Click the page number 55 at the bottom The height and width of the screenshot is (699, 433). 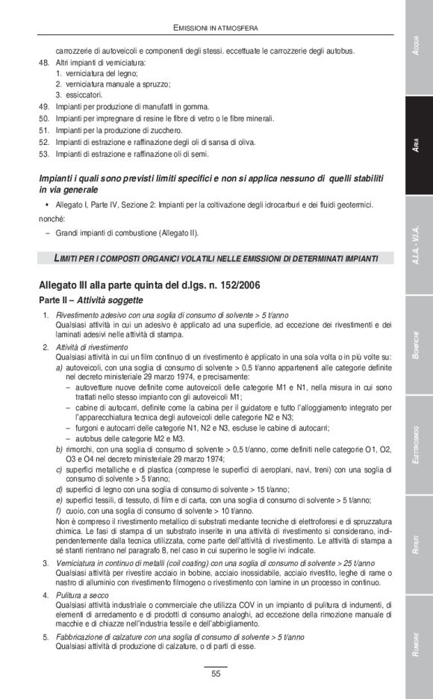pyautogui.click(x=215, y=674)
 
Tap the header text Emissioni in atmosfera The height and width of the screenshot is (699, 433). pyautogui.click(x=216, y=28)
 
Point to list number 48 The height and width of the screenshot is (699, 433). pyautogui.click(x=43, y=63)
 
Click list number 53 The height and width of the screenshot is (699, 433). pyautogui.click(x=43, y=154)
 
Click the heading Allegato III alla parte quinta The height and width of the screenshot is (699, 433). pyautogui.click(x=149, y=285)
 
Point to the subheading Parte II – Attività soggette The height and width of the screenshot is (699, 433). pyautogui.click(x=96, y=299)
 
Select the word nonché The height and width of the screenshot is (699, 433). pyautogui.click(x=52, y=219)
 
